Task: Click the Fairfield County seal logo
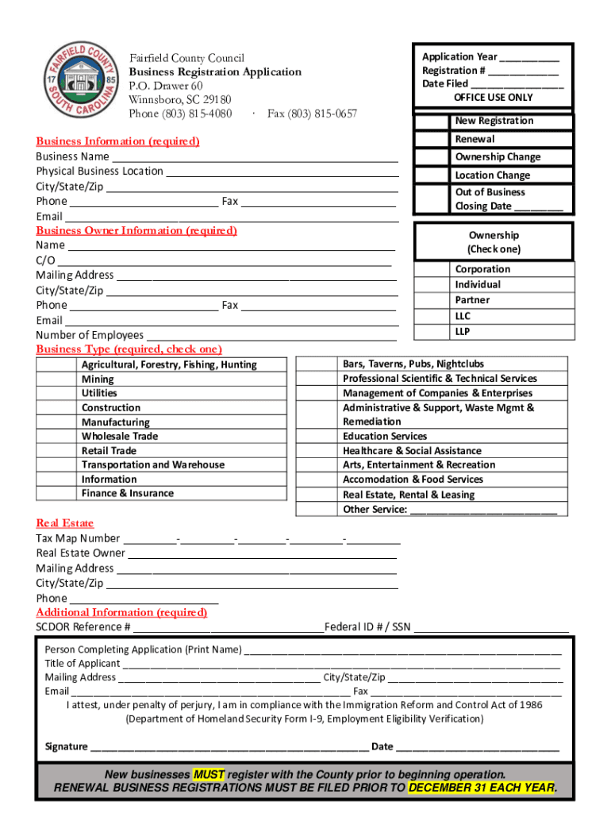[x=79, y=80]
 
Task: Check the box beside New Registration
[x=431, y=121]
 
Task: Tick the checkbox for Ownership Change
[x=431, y=157]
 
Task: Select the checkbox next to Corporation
[x=431, y=269]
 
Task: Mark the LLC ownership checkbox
[x=431, y=316]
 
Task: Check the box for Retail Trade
[x=57, y=451]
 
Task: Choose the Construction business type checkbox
[x=57, y=408]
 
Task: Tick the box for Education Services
[x=317, y=437]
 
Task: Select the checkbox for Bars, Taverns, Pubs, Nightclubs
[x=317, y=364]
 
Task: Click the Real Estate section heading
[x=65, y=523]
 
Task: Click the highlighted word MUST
[x=209, y=774]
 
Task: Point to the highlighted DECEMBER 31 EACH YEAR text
[x=480, y=788]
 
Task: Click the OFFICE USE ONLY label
[x=493, y=98]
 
